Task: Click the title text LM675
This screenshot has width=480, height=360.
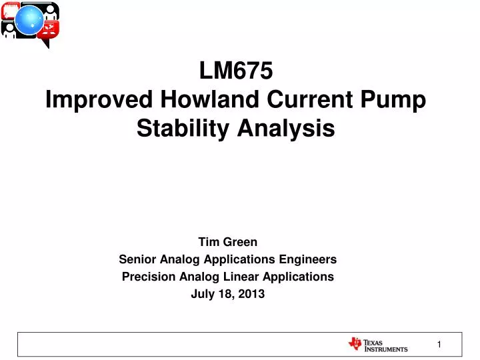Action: (x=236, y=71)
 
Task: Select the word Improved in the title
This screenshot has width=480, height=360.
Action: (x=99, y=100)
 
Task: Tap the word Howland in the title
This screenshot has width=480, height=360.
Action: (x=210, y=99)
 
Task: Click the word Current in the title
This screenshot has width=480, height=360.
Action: (x=310, y=99)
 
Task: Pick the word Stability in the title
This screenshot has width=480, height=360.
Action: (x=183, y=129)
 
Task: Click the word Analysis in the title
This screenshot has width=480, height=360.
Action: (x=286, y=129)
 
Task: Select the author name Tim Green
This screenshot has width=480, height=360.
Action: (x=228, y=242)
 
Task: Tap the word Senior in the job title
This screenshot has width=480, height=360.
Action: (x=137, y=259)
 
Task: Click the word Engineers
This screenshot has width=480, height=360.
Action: (x=307, y=260)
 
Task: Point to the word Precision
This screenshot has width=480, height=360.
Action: (x=149, y=277)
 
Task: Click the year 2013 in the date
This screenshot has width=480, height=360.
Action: (x=251, y=294)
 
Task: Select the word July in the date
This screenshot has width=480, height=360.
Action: (x=203, y=295)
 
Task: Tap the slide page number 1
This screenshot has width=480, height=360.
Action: (x=439, y=345)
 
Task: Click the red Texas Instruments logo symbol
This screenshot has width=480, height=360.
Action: (x=355, y=344)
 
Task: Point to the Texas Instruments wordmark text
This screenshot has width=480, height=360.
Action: (x=386, y=345)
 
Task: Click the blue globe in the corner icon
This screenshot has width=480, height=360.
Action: (x=29, y=20)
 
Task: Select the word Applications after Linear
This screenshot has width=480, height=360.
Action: (x=298, y=277)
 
